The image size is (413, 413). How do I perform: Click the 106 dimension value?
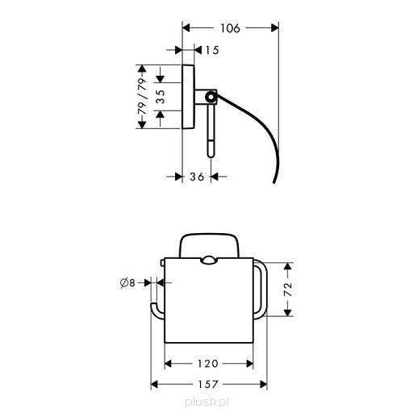230,28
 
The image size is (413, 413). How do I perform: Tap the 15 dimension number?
212,50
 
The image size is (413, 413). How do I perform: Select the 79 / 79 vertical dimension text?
142,96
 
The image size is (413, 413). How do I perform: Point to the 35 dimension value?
161,97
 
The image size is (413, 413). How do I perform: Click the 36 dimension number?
197,177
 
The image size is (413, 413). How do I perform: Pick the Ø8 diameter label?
127,283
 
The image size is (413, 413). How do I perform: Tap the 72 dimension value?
288,290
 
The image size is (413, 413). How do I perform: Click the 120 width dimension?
207,364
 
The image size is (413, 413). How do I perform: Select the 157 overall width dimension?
208,384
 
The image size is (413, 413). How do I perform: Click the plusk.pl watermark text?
207,403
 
